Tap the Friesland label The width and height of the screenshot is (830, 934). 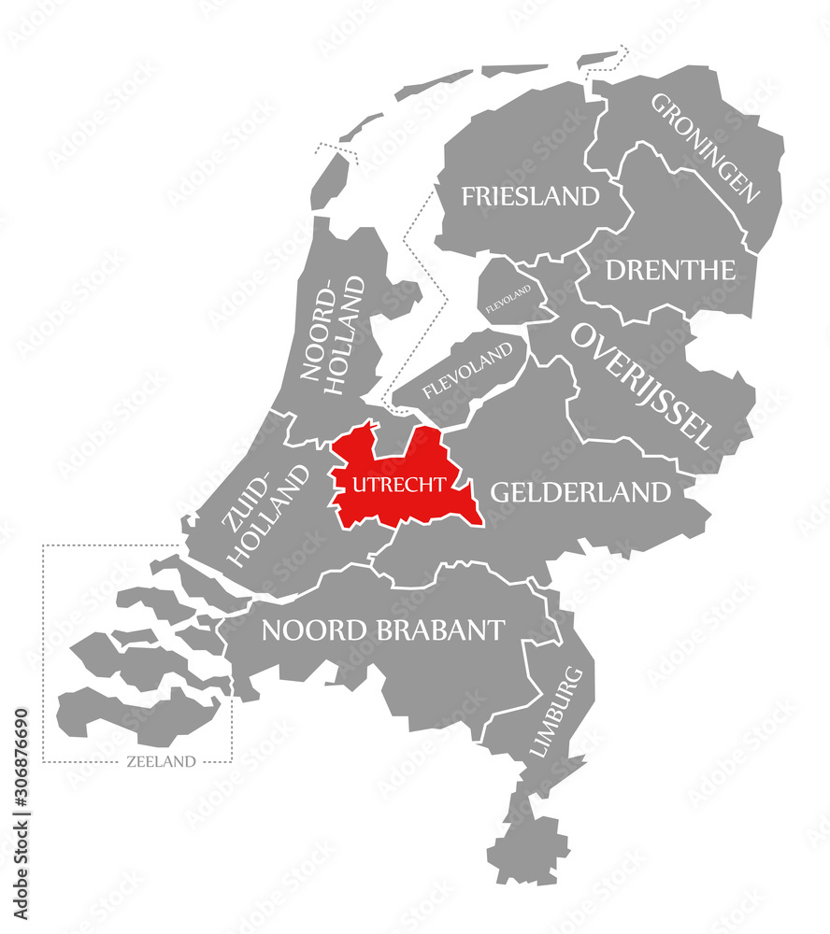530,196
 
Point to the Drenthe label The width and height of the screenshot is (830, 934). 670,271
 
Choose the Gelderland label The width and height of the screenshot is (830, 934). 580,492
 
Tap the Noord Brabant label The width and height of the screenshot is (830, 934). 383,630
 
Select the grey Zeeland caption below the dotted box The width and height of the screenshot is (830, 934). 161,761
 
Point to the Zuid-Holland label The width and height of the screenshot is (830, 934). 266,516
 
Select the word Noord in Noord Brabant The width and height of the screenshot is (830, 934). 312,630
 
